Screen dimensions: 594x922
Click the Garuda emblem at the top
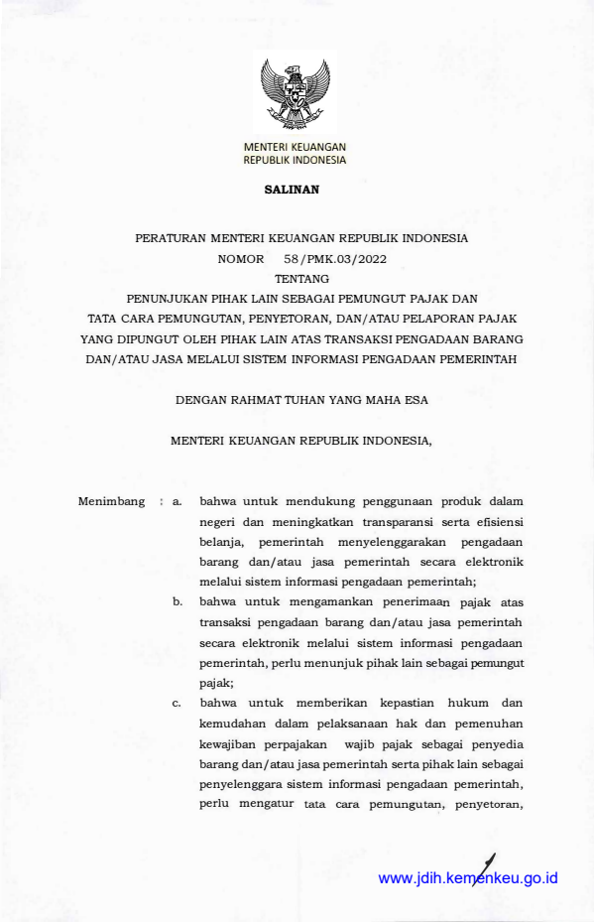click(x=295, y=95)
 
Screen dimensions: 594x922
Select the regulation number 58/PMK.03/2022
click(x=321, y=258)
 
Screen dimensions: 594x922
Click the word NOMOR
click(x=241, y=258)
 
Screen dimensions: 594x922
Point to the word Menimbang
click(x=112, y=501)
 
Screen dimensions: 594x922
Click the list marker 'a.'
click(x=178, y=501)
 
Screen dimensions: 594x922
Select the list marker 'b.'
click(x=178, y=601)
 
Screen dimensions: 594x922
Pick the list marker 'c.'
click(x=177, y=702)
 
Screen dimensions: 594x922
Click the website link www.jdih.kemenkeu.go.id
click(x=469, y=878)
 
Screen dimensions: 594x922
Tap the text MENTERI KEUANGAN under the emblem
click(x=295, y=147)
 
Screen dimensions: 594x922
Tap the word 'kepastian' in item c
click(x=369, y=702)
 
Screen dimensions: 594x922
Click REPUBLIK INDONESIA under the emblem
click(x=295, y=160)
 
